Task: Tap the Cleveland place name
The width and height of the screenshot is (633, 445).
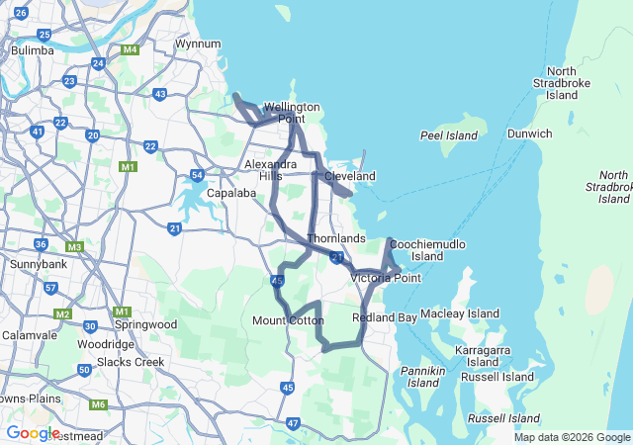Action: (x=350, y=176)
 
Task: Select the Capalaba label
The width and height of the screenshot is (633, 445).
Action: (x=232, y=193)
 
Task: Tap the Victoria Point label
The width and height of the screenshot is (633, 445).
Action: (x=386, y=278)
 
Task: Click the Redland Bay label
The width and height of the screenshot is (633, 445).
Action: (x=385, y=317)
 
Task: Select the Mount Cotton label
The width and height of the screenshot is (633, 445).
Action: (x=288, y=320)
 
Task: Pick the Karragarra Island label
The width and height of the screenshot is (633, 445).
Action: (x=484, y=357)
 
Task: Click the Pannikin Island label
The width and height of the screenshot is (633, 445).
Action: (x=423, y=376)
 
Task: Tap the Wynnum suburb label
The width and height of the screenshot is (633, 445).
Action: (x=197, y=44)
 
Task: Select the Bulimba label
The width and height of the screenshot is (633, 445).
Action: (x=33, y=49)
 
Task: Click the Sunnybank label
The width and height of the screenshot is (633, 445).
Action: (x=38, y=265)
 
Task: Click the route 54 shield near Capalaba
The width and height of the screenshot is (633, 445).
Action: (x=198, y=175)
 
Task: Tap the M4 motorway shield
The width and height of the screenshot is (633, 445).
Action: (x=130, y=49)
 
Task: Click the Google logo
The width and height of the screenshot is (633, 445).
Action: (x=33, y=433)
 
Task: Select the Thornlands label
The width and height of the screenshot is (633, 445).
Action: (x=336, y=239)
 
